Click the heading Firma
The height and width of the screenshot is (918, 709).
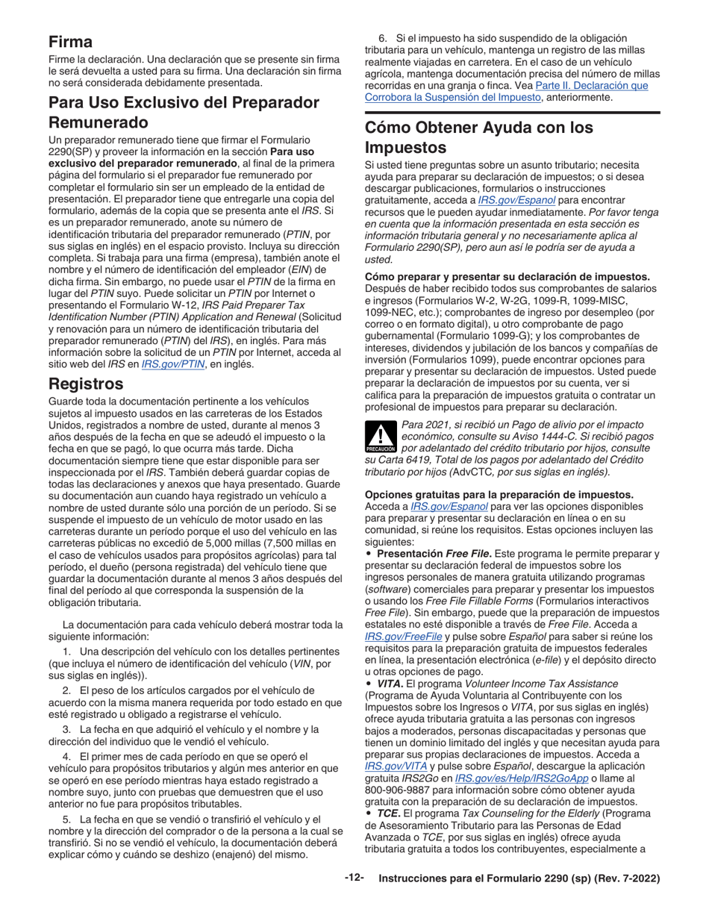pos(71,42)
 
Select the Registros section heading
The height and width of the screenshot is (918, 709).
pos(86,384)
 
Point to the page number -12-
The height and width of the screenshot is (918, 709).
pos(354,878)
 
